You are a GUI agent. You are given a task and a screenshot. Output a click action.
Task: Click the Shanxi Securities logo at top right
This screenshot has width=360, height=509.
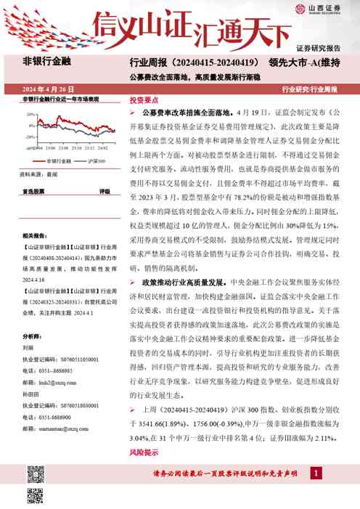[x=332, y=9]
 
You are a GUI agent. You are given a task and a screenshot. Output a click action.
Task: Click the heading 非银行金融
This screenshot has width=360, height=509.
[x=46, y=62]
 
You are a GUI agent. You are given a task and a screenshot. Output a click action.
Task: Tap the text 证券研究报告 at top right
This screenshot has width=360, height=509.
[x=328, y=48]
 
